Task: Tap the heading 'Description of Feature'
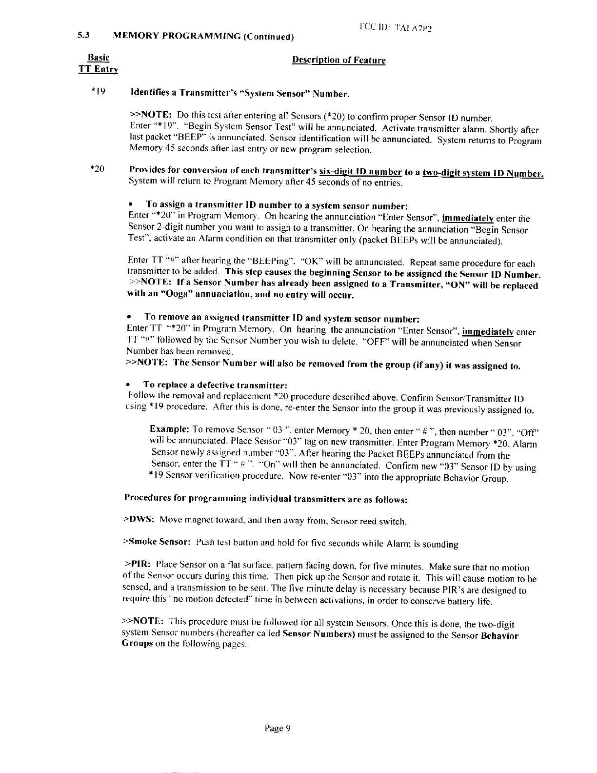[x=338, y=61]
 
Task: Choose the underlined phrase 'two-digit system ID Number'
[x=483, y=173]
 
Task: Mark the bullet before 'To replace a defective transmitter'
[x=130, y=385]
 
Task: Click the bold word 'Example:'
[x=170, y=429]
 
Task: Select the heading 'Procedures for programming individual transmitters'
[x=266, y=499]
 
